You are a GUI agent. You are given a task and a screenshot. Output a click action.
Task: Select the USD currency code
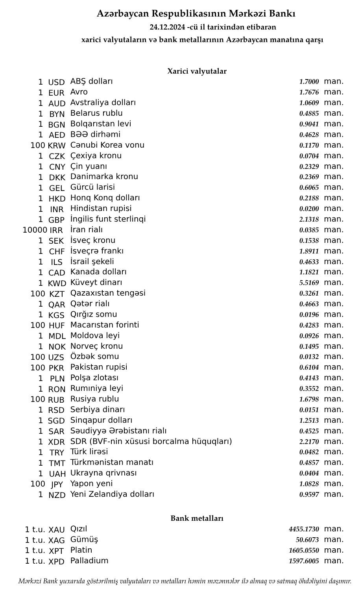[x=56, y=82]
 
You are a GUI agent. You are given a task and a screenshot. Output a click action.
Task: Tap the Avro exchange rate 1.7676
[x=309, y=93]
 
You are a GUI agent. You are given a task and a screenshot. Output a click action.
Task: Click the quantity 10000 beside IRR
[x=35, y=230]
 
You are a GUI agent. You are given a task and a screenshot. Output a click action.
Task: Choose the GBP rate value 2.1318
[x=309, y=219]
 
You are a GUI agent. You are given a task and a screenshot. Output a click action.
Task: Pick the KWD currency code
[x=57, y=283]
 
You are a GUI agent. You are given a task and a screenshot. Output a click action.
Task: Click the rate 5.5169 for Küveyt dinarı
[x=309, y=283]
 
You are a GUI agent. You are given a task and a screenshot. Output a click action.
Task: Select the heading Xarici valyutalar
[x=197, y=71]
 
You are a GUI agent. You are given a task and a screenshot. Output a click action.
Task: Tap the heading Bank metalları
[x=197, y=518]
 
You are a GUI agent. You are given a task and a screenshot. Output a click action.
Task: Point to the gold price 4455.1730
[x=304, y=529]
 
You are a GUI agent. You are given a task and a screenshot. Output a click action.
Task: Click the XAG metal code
[x=56, y=540]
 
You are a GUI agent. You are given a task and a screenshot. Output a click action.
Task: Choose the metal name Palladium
[x=89, y=561]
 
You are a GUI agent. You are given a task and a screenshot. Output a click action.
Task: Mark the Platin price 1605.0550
[x=304, y=550]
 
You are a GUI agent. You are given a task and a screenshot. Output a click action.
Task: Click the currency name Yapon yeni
[x=91, y=483]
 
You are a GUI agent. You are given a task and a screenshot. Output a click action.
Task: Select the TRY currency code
[x=57, y=453]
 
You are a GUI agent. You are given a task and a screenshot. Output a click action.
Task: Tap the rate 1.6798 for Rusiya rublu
[x=309, y=399]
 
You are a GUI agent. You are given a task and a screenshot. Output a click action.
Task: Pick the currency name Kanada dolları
[x=98, y=272]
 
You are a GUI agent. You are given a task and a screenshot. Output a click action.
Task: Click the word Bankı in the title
[x=283, y=14]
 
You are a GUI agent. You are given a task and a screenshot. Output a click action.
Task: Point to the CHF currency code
[x=57, y=252]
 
